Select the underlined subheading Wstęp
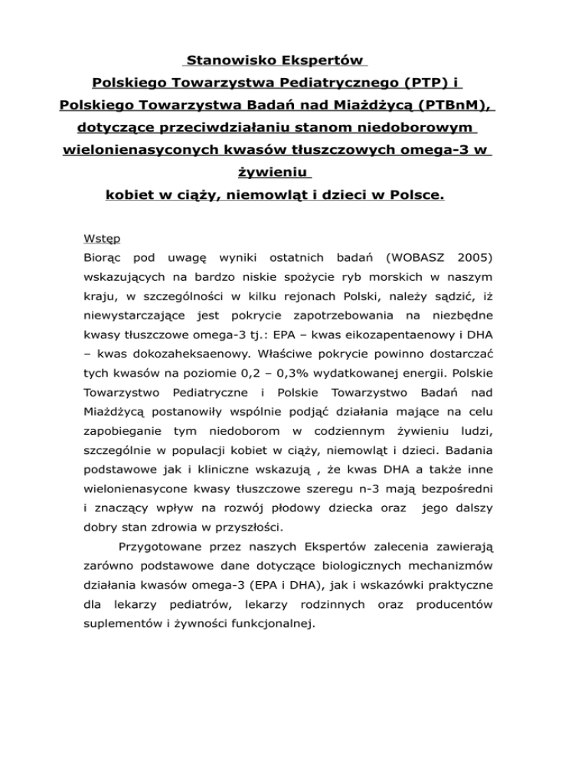point(100,237)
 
